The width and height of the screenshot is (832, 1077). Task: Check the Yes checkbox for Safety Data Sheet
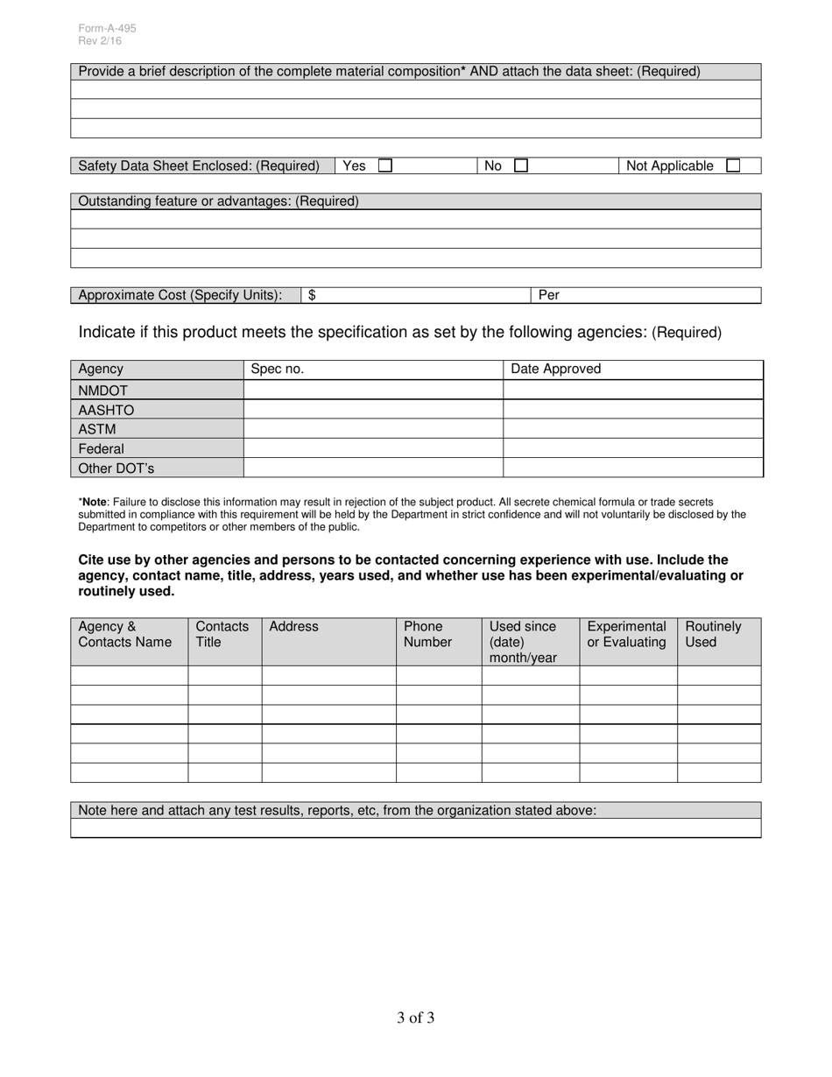pos(385,165)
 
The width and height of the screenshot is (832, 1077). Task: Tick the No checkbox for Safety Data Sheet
pos(521,165)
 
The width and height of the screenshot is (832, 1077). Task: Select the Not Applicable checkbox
pos(733,165)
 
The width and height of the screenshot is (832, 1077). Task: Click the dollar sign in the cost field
pos(312,296)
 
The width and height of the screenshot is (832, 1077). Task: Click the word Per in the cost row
pos(549,296)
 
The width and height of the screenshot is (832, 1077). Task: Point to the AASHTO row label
pos(106,410)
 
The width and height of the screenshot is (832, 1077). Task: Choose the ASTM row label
pos(96,429)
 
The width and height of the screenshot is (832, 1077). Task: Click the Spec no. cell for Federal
pos(372,448)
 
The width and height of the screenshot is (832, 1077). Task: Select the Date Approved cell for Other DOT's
pos(632,468)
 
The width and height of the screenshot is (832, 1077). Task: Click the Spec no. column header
pos(277,370)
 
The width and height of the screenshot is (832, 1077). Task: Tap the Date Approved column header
pos(555,370)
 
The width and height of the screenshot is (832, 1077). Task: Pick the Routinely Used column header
pos(713,635)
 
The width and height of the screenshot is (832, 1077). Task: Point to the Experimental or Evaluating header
pos(626,635)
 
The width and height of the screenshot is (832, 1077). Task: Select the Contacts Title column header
pos(222,635)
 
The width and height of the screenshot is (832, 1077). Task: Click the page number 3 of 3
pos(415,1017)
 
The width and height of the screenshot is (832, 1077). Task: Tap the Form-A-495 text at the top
pos(107,28)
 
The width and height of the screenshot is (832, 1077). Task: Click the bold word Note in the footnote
pos(94,502)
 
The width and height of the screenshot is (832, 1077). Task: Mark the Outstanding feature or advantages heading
pos(218,201)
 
